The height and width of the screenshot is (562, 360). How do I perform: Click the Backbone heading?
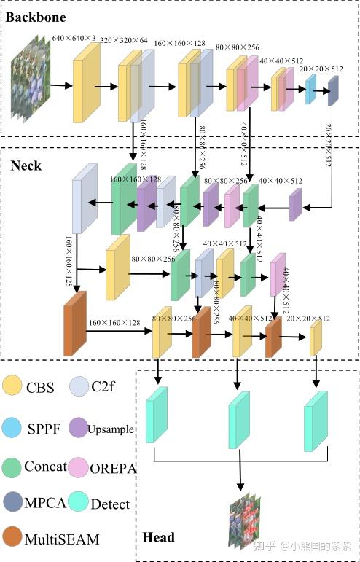[x=35, y=16]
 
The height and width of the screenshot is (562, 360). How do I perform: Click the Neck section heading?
[x=26, y=165]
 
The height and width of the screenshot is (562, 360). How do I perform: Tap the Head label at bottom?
[x=158, y=537]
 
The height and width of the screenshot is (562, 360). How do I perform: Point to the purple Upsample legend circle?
[x=79, y=427]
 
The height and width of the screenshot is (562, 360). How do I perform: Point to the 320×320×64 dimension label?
[x=122, y=41]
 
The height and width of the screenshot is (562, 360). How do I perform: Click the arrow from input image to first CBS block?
[x=61, y=86]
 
